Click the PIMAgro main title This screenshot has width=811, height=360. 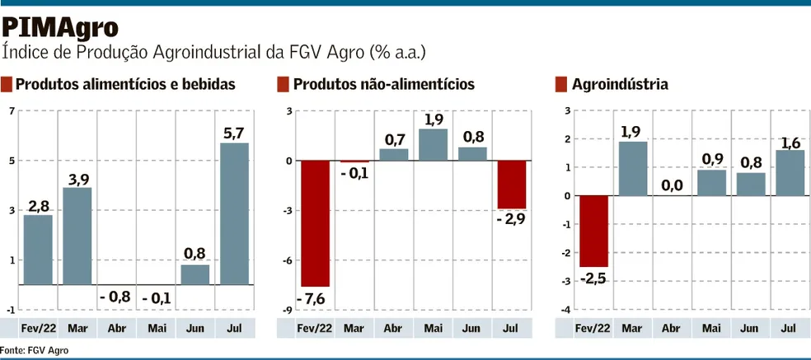(59, 27)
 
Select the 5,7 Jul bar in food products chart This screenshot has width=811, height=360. (235, 213)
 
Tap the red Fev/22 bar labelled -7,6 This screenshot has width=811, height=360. (315, 223)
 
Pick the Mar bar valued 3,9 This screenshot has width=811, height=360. (77, 236)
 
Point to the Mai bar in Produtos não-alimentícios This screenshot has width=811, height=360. (433, 144)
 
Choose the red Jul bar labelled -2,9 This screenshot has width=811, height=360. (512, 185)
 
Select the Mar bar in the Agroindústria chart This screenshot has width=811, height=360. (632, 169)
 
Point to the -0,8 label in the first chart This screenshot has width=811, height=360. (115, 297)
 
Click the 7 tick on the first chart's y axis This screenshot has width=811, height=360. (12, 111)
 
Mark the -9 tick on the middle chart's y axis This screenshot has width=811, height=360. (288, 310)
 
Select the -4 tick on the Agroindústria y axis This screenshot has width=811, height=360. (565, 310)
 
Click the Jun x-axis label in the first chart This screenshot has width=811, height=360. (195, 328)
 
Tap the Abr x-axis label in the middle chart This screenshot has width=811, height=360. (393, 328)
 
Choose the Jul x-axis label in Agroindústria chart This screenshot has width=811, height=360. (788, 328)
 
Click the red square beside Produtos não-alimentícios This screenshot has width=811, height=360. (283, 84)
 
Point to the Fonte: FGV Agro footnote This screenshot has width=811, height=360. (35, 350)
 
